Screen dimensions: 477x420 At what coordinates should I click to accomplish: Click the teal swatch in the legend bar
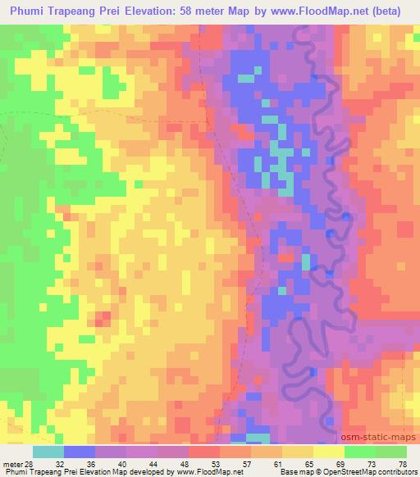coord(48,452)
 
